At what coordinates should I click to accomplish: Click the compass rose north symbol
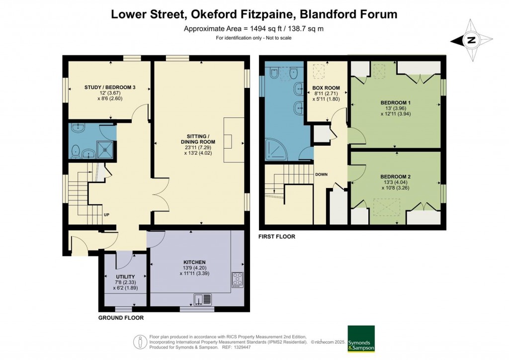click(x=471, y=40)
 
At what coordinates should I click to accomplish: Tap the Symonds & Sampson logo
click(x=361, y=339)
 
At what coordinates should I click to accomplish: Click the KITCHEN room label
click(x=194, y=262)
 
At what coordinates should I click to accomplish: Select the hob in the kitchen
click(x=238, y=279)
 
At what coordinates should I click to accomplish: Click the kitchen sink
click(x=203, y=299)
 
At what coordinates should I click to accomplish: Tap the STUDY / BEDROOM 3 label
click(x=109, y=88)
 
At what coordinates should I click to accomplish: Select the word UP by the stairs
click(x=106, y=215)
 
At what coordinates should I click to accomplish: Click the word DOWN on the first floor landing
click(x=322, y=175)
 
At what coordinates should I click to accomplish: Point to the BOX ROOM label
click(x=326, y=88)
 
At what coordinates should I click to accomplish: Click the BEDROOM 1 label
click(x=395, y=103)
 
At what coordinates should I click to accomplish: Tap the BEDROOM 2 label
click(x=395, y=177)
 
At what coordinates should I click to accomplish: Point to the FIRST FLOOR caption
click(x=277, y=237)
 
